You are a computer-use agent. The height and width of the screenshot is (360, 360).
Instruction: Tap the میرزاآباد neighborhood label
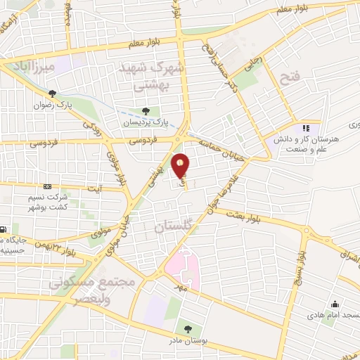28,67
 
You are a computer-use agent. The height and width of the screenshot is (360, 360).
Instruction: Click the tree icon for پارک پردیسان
146,110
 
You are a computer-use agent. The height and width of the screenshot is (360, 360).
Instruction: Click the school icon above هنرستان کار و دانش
305,128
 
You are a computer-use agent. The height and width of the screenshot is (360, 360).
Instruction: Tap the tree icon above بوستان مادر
187,328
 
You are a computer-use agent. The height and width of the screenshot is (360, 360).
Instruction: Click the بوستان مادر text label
187,340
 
